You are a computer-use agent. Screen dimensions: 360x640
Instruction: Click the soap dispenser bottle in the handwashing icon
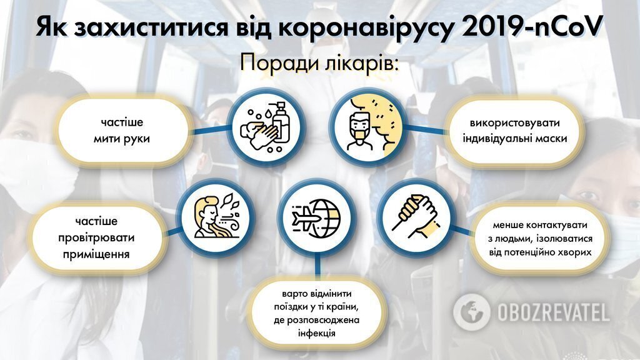pyautogui.click(x=281, y=122)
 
